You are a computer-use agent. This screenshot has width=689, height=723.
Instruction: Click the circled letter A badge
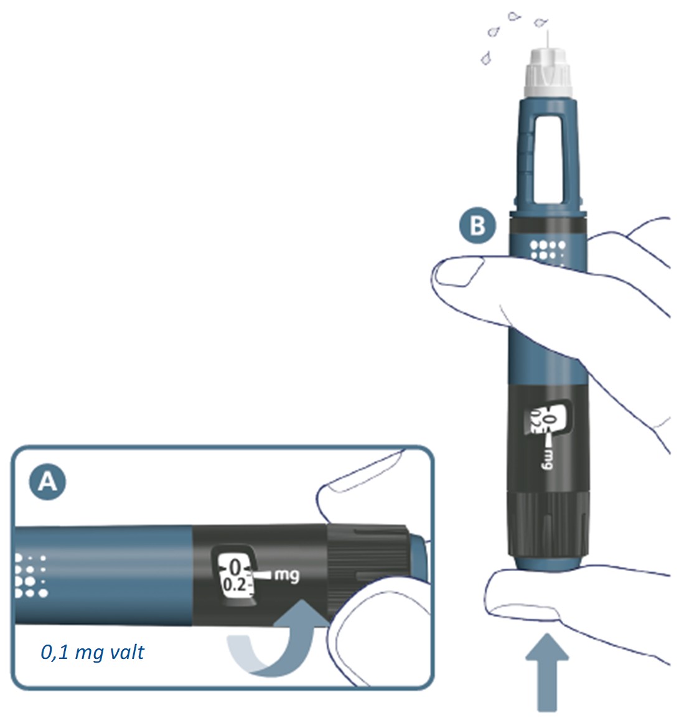pyautogui.click(x=47, y=482)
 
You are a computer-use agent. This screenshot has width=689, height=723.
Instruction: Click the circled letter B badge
pyautogui.click(x=478, y=226)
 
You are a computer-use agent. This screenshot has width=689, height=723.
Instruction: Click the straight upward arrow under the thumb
pyautogui.click(x=547, y=672)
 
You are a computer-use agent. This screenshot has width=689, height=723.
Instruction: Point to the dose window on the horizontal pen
pyautogui.click(x=234, y=574)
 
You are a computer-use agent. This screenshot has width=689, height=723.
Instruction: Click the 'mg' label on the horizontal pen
pyautogui.click(x=287, y=575)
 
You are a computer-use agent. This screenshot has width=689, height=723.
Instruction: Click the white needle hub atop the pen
pyautogui.click(x=548, y=72)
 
